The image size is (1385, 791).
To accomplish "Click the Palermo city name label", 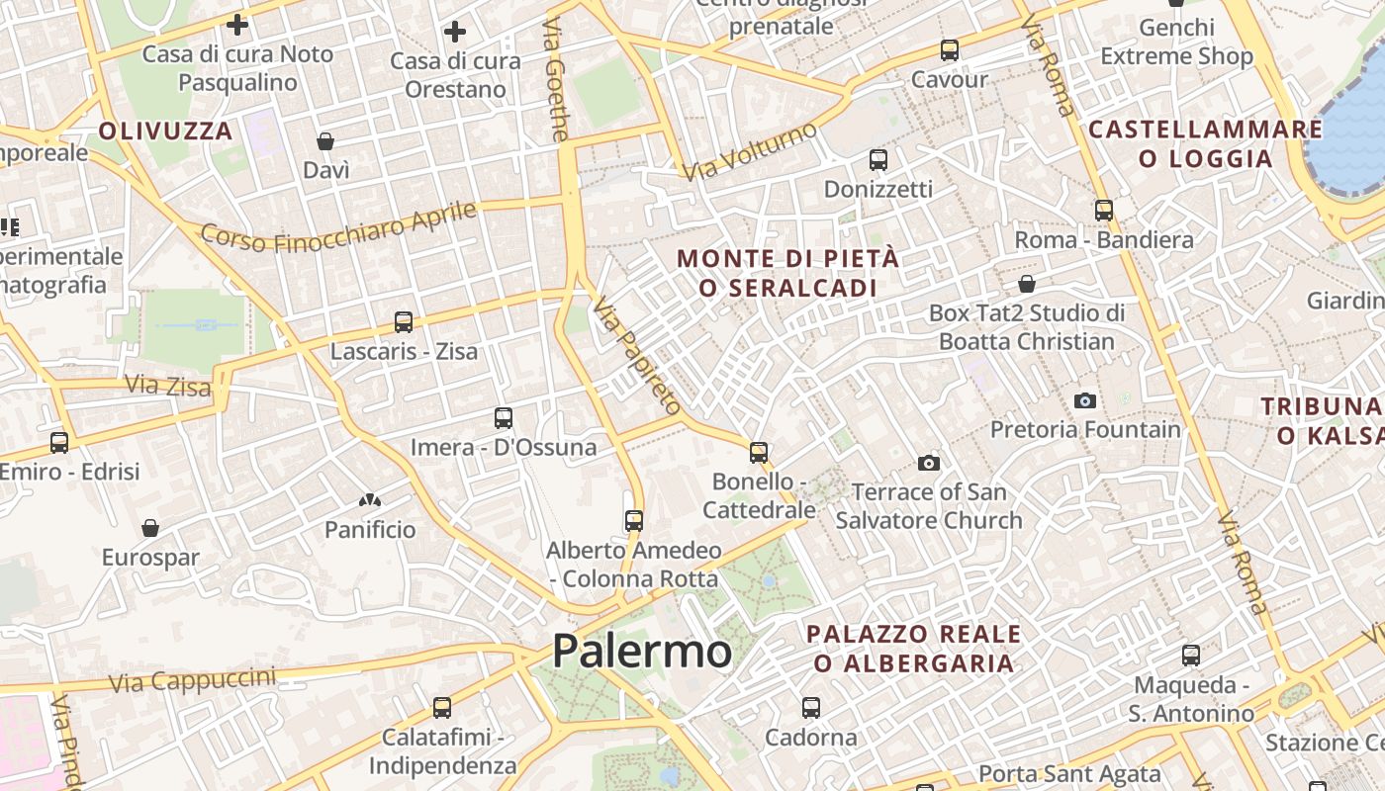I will pyautogui.click(x=642, y=651).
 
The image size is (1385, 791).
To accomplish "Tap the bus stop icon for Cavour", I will pyautogui.click(x=950, y=49).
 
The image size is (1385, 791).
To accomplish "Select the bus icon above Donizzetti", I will pyautogui.click(x=877, y=159).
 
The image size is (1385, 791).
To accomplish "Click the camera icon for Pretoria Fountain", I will pyautogui.click(x=1085, y=400).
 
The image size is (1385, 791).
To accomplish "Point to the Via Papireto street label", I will pyautogui.click(x=638, y=356).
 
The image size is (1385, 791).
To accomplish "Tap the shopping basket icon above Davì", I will pyautogui.click(x=325, y=141).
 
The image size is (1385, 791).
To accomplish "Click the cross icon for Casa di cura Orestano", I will pyautogui.click(x=455, y=32).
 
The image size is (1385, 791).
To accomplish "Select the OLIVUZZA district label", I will pyautogui.click(x=165, y=131).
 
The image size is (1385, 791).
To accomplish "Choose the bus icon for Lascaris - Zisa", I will pyautogui.click(x=404, y=321).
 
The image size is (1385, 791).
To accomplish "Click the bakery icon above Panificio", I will pyautogui.click(x=370, y=501).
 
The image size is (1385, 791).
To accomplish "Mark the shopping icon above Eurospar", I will pyautogui.click(x=150, y=528).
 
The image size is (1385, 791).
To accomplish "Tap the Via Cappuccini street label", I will pyautogui.click(x=192, y=679).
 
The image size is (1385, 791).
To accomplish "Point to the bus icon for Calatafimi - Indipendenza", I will pyautogui.click(x=442, y=708).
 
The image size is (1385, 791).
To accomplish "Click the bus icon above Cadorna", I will pyautogui.click(x=811, y=708).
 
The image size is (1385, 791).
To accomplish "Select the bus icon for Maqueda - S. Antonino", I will pyautogui.click(x=1191, y=655).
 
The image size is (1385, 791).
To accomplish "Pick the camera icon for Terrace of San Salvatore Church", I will pyautogui.click(x=928, y=463).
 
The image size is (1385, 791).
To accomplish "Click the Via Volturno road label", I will pyautogui.click(x=751, y=152).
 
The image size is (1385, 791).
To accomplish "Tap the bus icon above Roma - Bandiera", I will pyautogui.click(x=1104, y=210).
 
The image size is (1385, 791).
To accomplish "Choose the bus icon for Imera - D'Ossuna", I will pyautogui.click(x=504, y=418).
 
